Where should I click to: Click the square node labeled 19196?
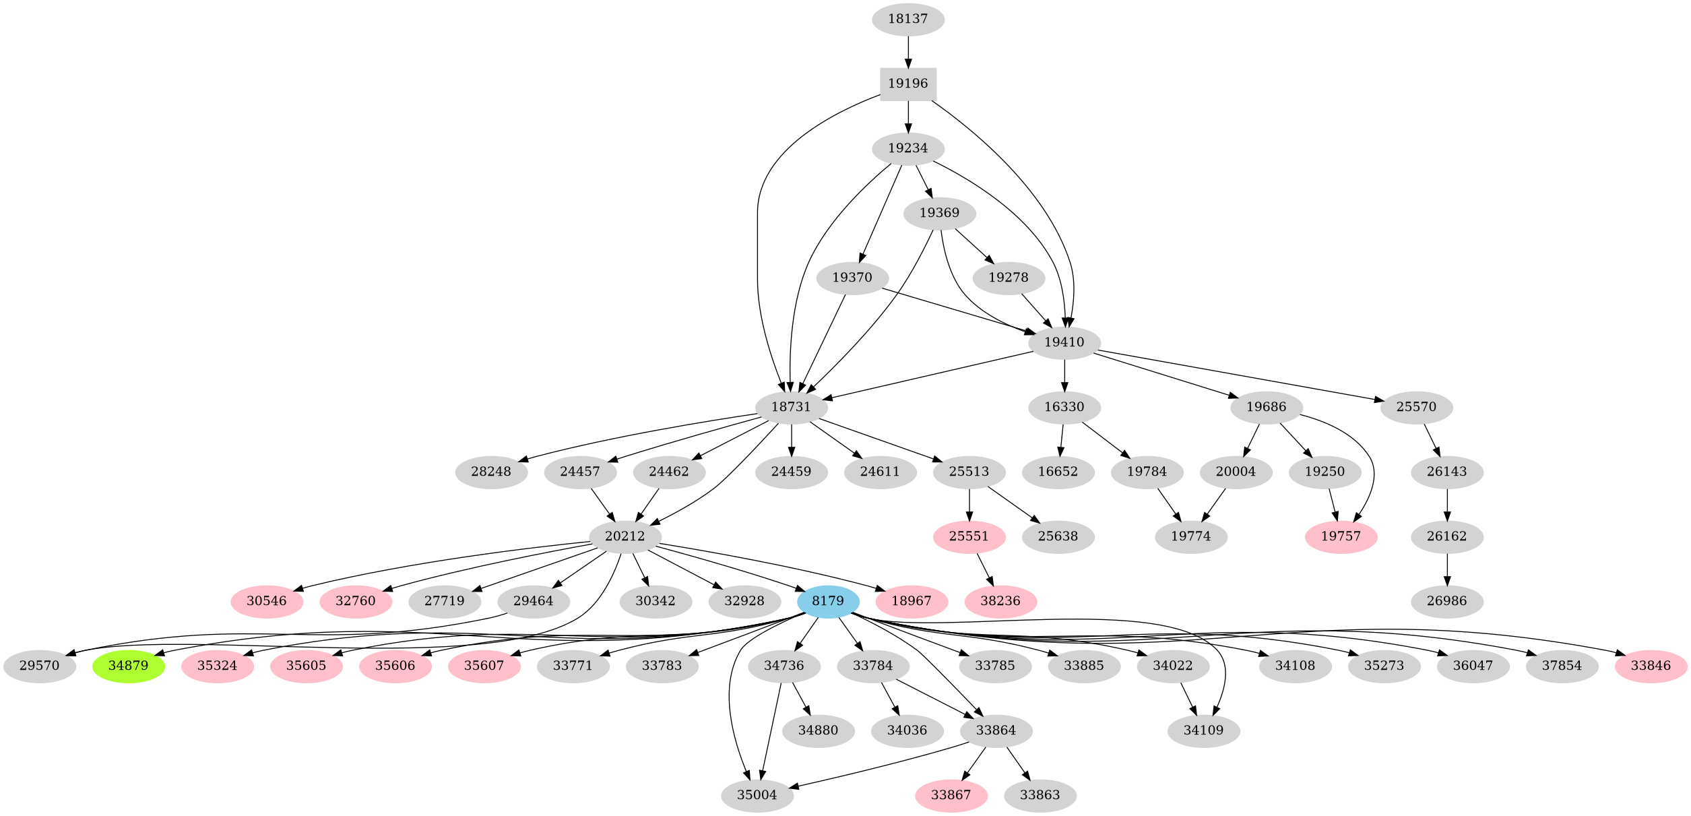pyautogui.click(x=907, y=84)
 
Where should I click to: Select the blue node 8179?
pyautogui.click(x=827, y=601)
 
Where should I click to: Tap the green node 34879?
pyautogui.click(x=128, y=666)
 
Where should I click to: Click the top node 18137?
pyautogui.click(x=907, y=19)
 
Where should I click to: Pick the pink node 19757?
pyautogui.click(x=1341, y=536)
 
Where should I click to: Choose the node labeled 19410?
pyautogui.click(x=1064, y=342)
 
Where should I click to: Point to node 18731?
pyautogui.click(x=791, y=407)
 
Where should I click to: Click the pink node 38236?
pyautogui.click(x=1000, y=601)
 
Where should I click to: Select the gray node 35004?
pyautogui.click(x=757, y=795)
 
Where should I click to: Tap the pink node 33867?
pyautogui.click(x=951, y=795)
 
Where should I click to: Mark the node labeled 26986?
pyautogui.click(x=1446, y=601)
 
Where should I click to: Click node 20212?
pyautogui.click(x=625, y=536)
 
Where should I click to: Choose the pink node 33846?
pyautogui.click(x=1651, y=666)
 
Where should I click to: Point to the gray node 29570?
pyautogui.click(x=39, y=666)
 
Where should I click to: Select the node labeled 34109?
pyautogui.click(x=1203, y=730)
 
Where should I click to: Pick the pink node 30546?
pyautogui.click(x=266, y=601)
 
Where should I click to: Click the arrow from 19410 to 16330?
pyautogui.click(x=1064, y=375)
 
